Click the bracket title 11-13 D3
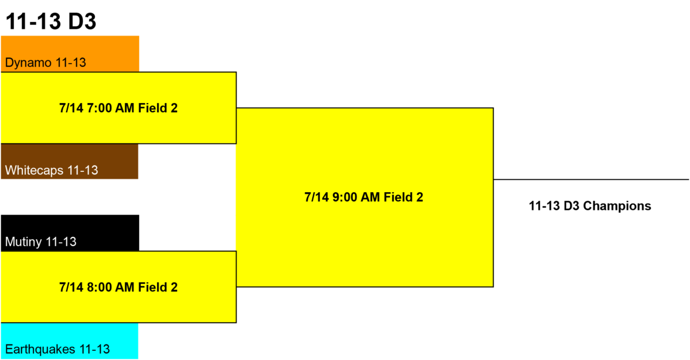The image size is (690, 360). (x=51, y=21)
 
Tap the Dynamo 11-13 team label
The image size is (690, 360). (x=45, y=63)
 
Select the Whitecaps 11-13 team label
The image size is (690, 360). (x=51, y=170)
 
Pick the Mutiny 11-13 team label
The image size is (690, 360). (x=41, y=242)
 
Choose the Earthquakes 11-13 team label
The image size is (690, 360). (x=57, y=349)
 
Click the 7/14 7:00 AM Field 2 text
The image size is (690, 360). (x=118, y=108)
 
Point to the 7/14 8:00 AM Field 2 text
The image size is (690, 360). (x=118, y=288)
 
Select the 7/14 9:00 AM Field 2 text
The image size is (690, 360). (x=364, y=197)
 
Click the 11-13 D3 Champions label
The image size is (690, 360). (x=590, y=206)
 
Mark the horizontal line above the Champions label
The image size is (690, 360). (x=591, y=179)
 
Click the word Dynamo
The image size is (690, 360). (x=28, y=63)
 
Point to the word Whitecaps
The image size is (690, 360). (x=34, y=170)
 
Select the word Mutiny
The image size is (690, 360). (x=24, y=242)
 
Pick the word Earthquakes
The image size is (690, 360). (x=40, y=349)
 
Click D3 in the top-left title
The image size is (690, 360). (x=82, y=21)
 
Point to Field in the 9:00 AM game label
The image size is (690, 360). (x=398, y=197)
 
